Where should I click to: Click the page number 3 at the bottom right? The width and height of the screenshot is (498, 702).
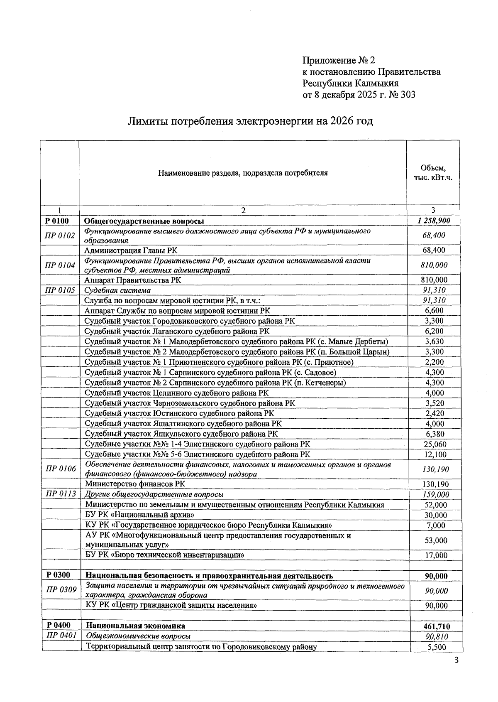456,661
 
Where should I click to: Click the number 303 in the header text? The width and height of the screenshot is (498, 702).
407,95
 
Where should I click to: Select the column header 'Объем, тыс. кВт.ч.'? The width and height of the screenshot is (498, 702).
433,173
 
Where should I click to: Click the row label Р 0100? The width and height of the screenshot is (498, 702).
57,221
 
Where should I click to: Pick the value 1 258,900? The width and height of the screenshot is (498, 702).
434,221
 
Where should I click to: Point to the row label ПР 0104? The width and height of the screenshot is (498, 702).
60,265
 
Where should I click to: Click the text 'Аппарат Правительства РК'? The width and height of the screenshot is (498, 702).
133,280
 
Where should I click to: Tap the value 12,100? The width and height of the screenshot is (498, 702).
435,454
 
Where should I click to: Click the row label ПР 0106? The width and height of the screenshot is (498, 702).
61,469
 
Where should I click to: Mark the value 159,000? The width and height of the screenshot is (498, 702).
435,494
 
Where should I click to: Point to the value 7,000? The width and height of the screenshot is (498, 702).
436,525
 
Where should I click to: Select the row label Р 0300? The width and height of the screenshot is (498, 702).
58,575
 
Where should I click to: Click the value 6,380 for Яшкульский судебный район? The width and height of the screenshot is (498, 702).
435,434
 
